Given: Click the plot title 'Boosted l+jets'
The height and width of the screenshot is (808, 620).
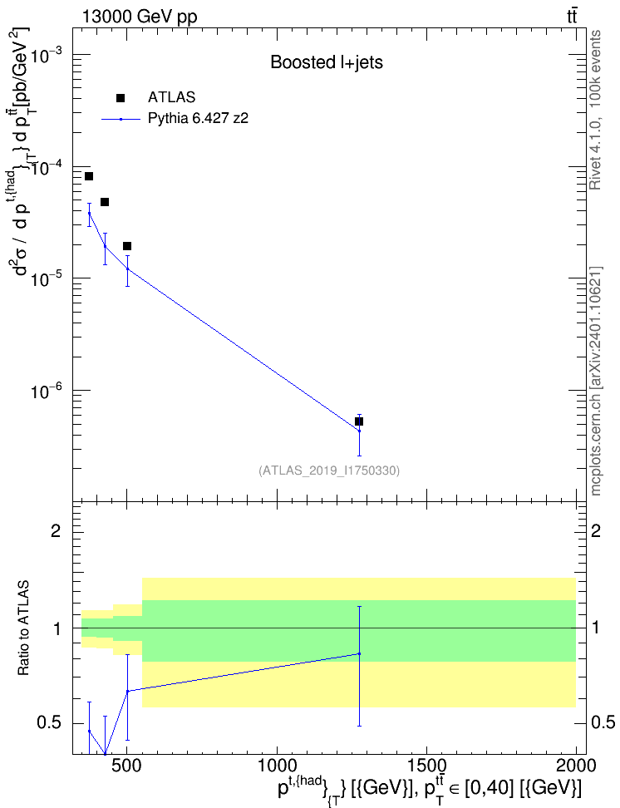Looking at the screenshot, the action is [327, 63].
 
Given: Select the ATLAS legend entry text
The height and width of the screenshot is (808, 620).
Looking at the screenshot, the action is [171, 97].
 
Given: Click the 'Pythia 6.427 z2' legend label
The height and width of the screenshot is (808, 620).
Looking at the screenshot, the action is [199, 119].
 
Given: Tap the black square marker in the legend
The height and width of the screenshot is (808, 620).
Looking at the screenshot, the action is [121, 98].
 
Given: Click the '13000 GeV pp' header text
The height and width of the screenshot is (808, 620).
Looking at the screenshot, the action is [140, 17].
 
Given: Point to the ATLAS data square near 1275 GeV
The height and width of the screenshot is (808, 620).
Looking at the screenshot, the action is [359, 421].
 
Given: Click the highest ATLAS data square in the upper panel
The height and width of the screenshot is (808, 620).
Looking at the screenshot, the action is [89, 176].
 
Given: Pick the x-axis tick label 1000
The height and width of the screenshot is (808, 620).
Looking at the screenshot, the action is [278, 765].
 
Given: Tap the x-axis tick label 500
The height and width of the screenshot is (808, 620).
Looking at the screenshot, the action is [127, 765].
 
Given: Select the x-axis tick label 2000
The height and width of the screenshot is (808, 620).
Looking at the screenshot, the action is [576, 765].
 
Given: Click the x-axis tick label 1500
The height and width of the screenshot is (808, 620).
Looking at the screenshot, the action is [426, 765].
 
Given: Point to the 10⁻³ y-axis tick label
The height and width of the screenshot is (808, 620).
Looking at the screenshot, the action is [47, 53].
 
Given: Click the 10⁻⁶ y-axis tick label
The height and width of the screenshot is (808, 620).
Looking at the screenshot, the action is [47, 389].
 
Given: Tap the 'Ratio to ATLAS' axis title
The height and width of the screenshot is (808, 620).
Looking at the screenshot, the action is [23, 628].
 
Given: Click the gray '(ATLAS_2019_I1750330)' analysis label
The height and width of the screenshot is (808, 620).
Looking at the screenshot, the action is [329, 470].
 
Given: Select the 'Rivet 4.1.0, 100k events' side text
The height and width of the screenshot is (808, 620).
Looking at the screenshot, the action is [595, 110].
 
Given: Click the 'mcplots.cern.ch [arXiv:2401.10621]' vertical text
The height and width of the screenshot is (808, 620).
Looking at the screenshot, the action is [595, 381].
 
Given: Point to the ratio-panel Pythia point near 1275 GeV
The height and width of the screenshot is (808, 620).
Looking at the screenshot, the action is [359, 653].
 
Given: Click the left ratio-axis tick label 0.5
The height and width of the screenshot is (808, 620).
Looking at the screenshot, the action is [49, 722].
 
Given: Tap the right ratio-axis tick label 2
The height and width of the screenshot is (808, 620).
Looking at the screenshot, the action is [596, 530].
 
